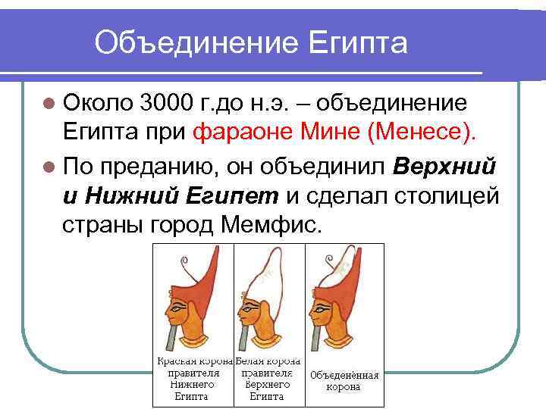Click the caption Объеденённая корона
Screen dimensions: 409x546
click(344, 380)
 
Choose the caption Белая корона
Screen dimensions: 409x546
click(268, 361)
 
